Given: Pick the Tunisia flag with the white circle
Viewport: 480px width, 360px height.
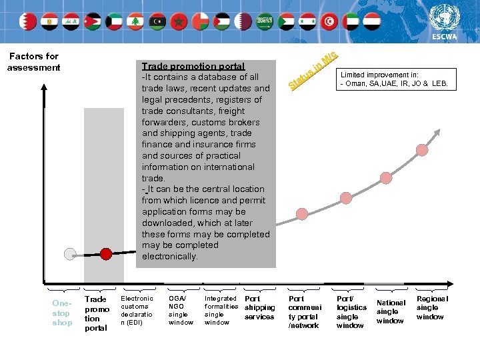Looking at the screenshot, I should [329, 21].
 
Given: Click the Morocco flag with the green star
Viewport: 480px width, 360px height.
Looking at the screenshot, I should [178, 21].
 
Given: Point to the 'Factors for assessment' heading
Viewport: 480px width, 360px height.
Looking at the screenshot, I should [33, 62].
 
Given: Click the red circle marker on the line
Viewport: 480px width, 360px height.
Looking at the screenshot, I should [105, 253].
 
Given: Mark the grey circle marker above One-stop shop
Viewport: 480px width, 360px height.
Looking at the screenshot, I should [69, 253].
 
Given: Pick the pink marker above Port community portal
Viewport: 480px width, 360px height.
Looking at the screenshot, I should [302, 213].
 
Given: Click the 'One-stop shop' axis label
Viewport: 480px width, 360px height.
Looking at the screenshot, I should [61, 313].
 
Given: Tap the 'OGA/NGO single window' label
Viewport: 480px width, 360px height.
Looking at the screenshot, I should [181, 311].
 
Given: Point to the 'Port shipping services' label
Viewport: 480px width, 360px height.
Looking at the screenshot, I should [259, 307].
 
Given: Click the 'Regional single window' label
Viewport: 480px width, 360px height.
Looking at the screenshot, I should [432, 307].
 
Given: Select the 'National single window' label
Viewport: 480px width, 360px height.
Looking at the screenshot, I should [391, 311].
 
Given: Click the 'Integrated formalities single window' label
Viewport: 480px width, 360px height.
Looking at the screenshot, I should [221, 311].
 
